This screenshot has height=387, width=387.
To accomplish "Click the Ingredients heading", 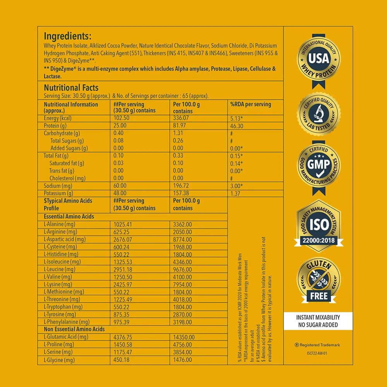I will (x=67, y=36).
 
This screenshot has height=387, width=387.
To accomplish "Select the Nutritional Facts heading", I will (x=71, y=88).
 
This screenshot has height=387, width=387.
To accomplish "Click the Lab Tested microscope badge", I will (x=319, y=113).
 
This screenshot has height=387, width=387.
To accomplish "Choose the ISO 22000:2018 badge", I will (x=319, y=225).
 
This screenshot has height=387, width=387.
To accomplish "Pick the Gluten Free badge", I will (x=319, y=280).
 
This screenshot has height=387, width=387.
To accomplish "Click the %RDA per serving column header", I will (x=250, y=104).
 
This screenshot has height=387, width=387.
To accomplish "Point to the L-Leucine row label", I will (x=60, y=269).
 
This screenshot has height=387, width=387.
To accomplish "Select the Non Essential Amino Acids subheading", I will (x=74, y=329).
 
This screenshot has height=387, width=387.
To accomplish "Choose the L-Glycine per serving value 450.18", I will (x=123, y=360).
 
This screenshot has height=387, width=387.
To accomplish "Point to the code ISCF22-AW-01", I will (x=318, y=353).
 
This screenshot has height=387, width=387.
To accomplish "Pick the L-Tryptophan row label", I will (x=63, y=307).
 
